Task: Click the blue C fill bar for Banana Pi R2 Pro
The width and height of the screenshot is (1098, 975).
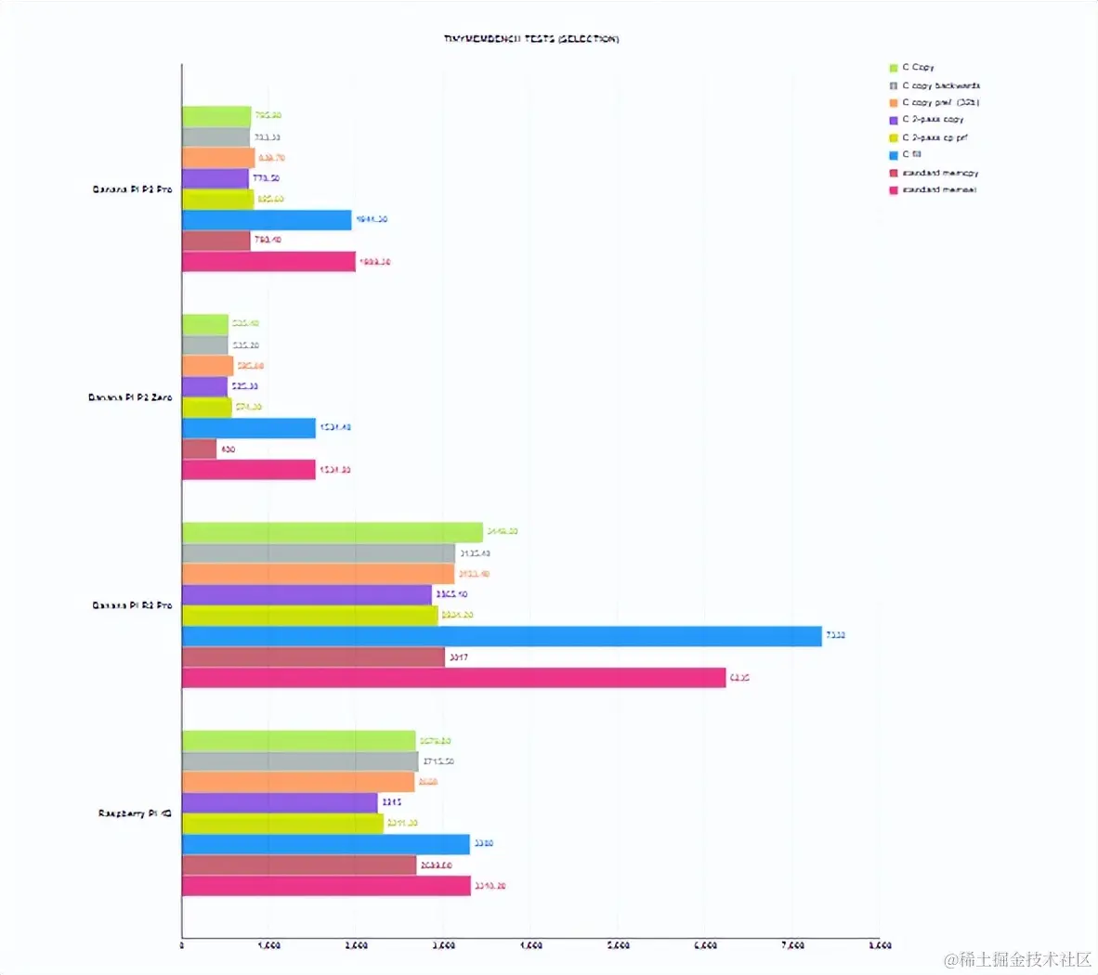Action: (502, 636)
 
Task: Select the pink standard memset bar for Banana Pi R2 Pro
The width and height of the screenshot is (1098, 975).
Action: (453, 678)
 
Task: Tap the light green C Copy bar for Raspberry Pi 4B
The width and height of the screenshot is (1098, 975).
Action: (298, 740)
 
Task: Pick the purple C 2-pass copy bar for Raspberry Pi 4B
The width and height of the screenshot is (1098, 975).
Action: (280, 802)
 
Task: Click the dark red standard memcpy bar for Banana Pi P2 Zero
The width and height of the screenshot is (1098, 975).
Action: (199, 449)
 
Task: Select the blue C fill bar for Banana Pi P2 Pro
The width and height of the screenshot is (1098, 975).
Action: (267, 220)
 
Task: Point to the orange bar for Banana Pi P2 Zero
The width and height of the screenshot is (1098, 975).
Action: (207, 366)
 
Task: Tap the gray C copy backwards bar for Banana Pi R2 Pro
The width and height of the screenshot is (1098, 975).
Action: (318, 553)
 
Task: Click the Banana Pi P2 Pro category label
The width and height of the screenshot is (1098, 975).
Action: (132, 189)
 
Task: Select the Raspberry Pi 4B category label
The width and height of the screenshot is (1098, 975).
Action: (135, 813)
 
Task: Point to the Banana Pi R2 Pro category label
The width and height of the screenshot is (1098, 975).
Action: (132, 605)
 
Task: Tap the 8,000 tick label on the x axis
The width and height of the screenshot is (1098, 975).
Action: (879, 945)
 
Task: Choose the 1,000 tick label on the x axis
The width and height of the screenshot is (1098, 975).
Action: (268, 945)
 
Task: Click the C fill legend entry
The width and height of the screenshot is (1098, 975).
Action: (911, 155)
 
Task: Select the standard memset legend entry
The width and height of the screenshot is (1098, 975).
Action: (938, 190)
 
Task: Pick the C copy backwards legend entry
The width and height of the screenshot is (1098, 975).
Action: (940, 85)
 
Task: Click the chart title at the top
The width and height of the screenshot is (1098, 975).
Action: (531, 39)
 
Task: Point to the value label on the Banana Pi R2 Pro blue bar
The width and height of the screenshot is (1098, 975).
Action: (836, 636)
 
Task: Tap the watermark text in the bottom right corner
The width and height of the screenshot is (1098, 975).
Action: (1018, 958)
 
